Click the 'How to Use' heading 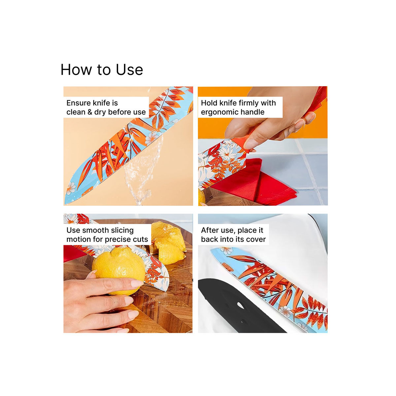pyautogui.click(x=102, y=70)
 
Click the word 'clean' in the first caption pyautogui.click(x=76, y=112)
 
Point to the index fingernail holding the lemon pyautogui.click(x=137, y=283)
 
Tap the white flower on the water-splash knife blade pyautogui.click(x=152, y=136)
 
